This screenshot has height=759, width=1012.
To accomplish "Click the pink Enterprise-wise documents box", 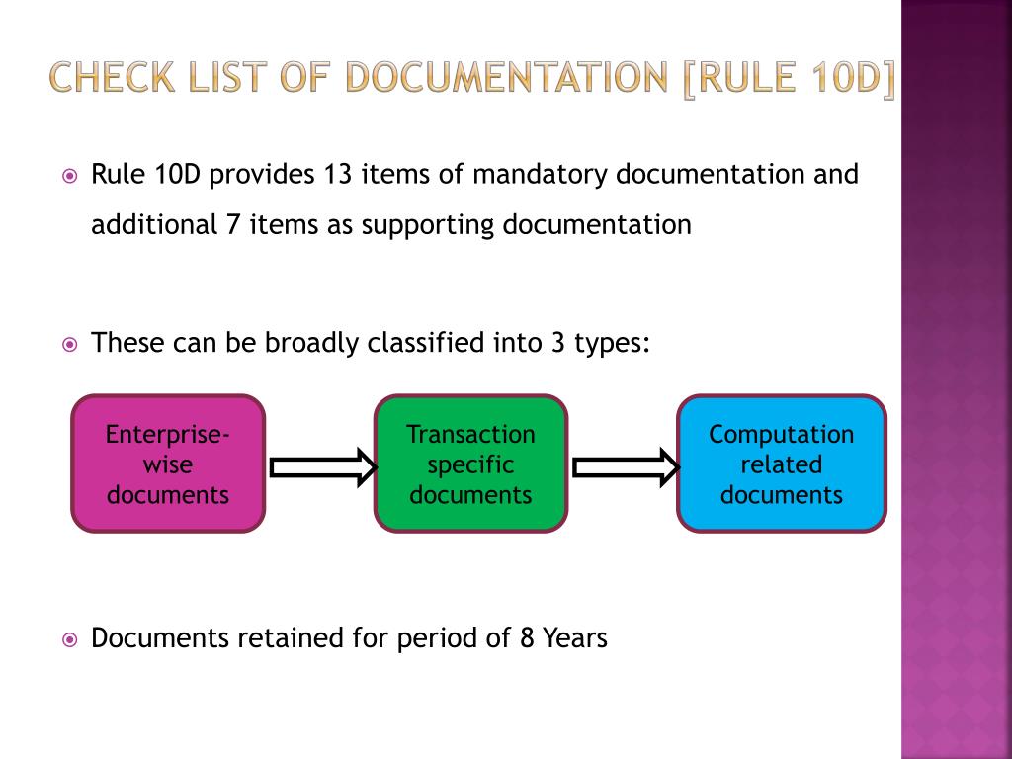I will point(168,464).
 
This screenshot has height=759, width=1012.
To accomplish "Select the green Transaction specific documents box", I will point(470,464).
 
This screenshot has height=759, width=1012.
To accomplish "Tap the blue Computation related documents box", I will point(781,464).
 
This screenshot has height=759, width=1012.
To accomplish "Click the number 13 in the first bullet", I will point(336,175).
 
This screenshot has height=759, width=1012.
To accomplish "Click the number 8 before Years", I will point(527,638).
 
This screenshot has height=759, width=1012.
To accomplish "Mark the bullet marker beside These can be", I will point(70,346).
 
